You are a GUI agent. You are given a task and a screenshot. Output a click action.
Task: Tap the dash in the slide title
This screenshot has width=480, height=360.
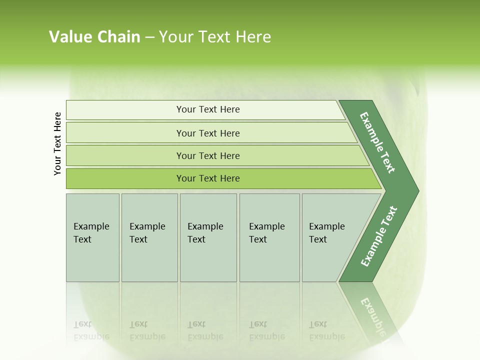[x=150, y=37]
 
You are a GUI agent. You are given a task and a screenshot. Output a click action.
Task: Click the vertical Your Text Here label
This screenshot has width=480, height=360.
[x=57, y=143]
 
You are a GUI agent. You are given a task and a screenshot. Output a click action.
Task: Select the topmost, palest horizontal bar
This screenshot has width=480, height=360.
[x=207, y=109]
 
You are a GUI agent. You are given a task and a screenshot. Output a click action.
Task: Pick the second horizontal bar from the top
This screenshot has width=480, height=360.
[x=207, y=133]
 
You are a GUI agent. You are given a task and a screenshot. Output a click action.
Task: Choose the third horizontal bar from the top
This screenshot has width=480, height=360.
[x=207, y=155]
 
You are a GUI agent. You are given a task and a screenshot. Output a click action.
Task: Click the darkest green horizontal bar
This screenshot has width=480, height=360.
[x=207, y=178]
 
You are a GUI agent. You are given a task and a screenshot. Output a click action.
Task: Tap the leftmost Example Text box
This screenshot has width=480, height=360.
[x=92, y=237]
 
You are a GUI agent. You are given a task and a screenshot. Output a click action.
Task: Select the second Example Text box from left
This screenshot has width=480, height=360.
[x=149, y=237]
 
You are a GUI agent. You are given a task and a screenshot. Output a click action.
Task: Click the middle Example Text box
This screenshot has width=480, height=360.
[x=208, y=237]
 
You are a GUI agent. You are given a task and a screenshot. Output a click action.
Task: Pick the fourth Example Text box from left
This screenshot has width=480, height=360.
[x=269, y=237]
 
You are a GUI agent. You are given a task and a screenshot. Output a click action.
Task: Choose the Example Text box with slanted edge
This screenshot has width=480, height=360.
[x=330, y=237]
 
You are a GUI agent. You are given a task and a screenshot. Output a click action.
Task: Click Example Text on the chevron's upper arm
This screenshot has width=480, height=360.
[x=378, y=142]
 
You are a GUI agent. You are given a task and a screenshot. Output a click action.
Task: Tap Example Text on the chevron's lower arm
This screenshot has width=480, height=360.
[x=378, y=236]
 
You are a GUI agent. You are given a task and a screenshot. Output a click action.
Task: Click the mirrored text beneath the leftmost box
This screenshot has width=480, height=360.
[x=91, y=331]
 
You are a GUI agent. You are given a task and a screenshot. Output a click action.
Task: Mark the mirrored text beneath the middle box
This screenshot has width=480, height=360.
[x=205, y=331]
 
